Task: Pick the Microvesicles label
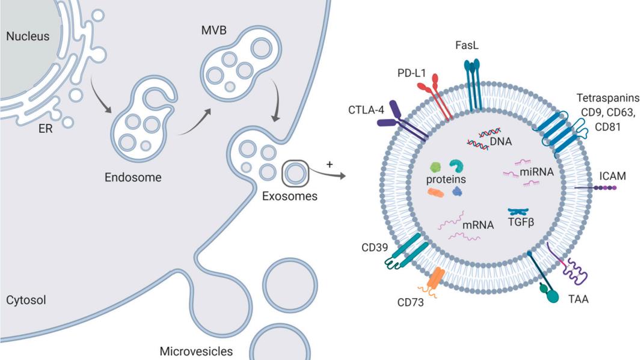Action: tap(196, 351)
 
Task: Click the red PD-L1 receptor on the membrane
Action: tap(434, 99)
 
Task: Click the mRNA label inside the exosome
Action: tap(478, 225)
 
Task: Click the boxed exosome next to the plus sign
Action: tap(295, 174)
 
